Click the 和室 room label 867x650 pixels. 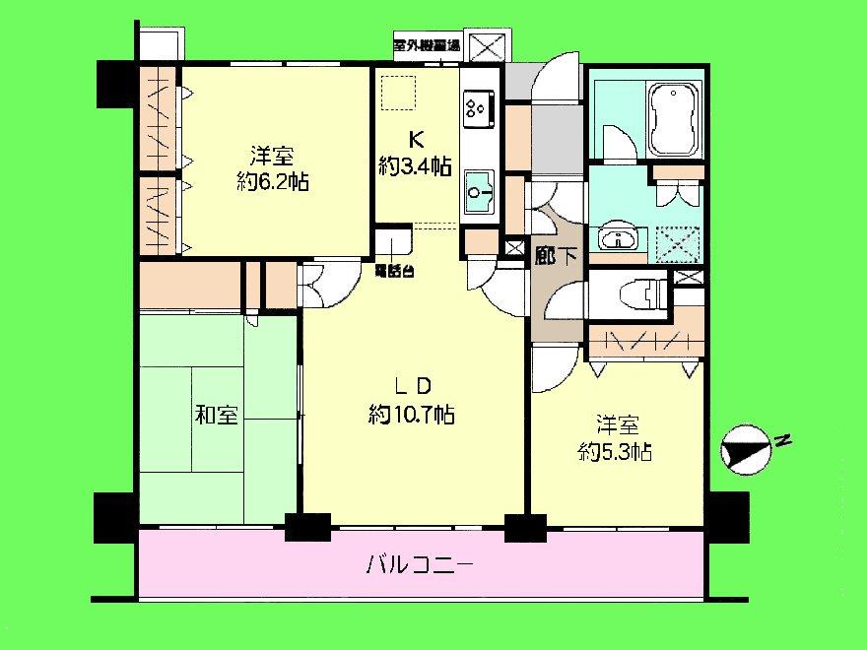click(216, 416)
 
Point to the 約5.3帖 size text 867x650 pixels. click(614, 452)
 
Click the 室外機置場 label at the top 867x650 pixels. click(427, 45)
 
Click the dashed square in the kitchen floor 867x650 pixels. click(401, 92)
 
